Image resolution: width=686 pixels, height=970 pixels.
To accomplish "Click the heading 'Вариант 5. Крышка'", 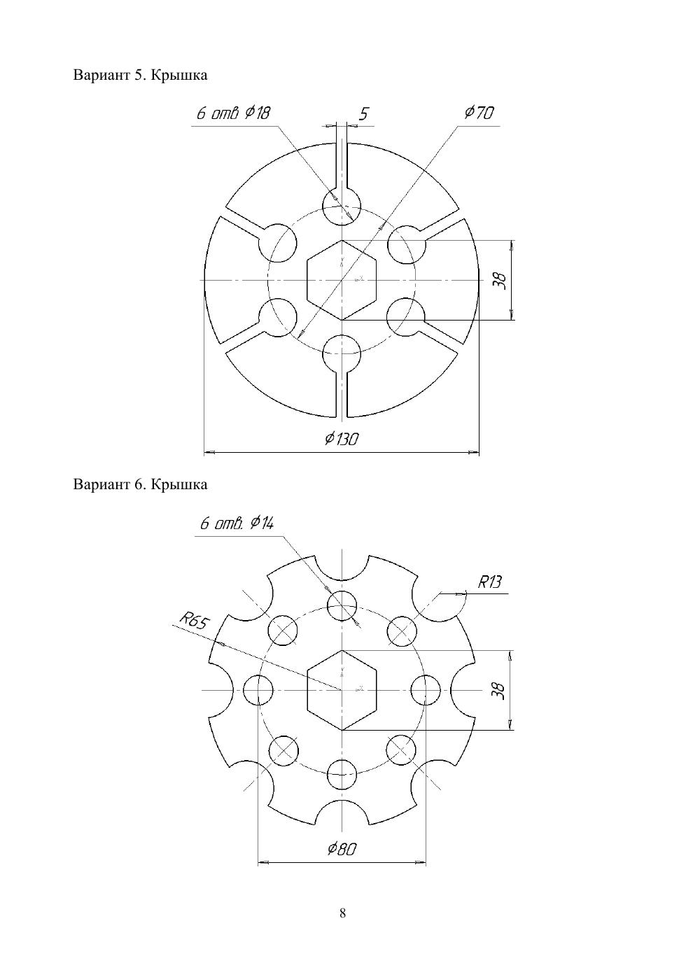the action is tap(140, 76).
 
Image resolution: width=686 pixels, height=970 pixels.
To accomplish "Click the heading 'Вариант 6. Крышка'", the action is tap(140, 484).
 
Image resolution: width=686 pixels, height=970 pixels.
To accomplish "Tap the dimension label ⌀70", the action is tap(479, 113).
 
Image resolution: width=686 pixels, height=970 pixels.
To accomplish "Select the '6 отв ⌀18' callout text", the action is tap(233, 113).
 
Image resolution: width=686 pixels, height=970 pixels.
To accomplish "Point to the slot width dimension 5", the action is tap(363, 114).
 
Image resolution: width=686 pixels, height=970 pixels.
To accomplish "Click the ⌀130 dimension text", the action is tap(342, 439).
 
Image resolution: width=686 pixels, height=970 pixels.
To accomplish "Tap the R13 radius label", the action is tap(489, 582).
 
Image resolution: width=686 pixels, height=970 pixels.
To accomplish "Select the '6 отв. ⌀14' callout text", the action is tap(237, 524).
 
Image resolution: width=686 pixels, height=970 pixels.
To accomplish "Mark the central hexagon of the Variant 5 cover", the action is tap(342, 280).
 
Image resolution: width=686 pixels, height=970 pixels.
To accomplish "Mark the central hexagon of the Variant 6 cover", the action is tap(342, 690).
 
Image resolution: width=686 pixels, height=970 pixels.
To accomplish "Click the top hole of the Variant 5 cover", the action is tap(342, 206).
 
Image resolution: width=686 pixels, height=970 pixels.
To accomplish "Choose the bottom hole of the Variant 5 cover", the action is tap(342, 353).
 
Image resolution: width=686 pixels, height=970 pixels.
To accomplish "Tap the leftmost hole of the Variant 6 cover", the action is tap(258, 690).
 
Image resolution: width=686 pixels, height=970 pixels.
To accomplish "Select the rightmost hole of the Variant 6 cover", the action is tap(426, 690).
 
